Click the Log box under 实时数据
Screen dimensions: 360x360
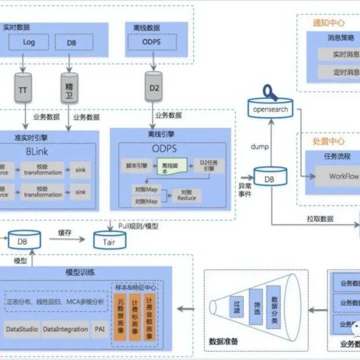28,42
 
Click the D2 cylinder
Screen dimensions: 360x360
154,88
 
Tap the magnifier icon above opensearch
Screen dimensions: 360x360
268,91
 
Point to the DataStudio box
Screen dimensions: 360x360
22,329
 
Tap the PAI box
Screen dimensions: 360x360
99,329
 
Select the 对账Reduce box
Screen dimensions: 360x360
187,195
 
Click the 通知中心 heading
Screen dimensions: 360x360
329,23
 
